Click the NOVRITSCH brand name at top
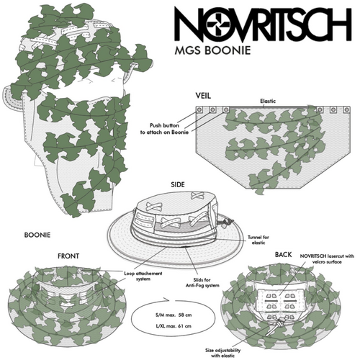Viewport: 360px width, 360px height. point(263,26)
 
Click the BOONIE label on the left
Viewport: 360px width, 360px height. point(37,235)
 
